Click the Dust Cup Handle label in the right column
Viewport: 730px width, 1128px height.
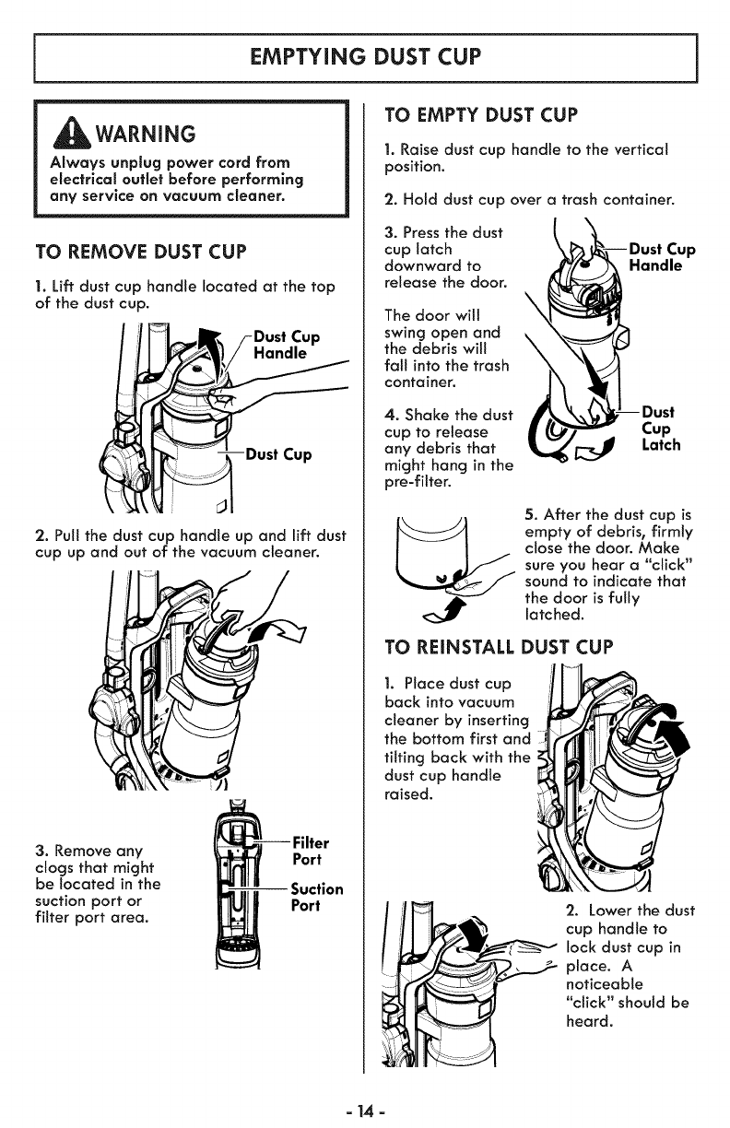(662, 257)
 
